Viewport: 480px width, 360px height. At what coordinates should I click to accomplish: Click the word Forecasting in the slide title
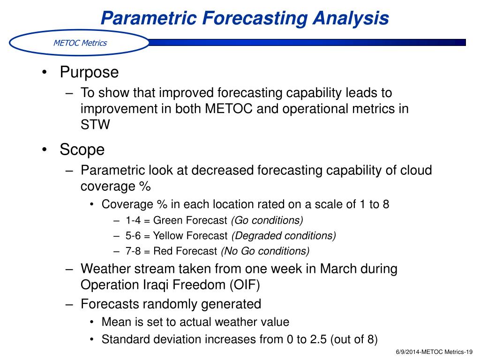click(x=255, y=19)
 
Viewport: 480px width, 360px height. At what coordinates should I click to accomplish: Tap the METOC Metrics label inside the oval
click(x=80, y=43)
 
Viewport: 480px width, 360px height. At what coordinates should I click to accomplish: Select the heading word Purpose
click(x=89, y=73)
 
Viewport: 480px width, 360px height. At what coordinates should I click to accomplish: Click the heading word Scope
click(x=82, y=150)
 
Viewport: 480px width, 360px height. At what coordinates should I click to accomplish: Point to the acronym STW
click(x=95, y=125)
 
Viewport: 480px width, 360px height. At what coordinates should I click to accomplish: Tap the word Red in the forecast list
click(x=163, y=251)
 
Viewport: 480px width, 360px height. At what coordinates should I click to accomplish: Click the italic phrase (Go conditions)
click(x=267, y=220)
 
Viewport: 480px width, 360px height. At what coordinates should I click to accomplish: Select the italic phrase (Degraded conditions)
click(x=284, y=236)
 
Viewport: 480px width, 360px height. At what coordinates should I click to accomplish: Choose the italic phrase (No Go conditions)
click(x=265, y=251)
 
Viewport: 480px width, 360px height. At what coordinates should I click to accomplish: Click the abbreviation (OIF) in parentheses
click(x=245, y=285)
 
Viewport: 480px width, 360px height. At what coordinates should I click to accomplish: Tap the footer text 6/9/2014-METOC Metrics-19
click(x=435, y=352)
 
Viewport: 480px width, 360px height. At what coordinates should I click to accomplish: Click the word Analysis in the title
click(x=351, y=19)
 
